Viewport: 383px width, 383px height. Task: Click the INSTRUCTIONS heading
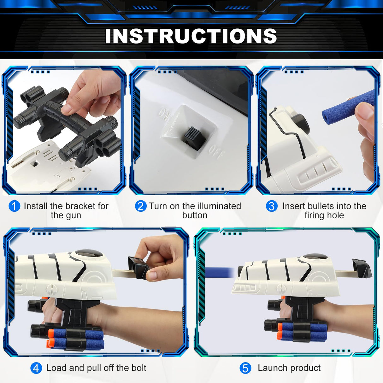191,36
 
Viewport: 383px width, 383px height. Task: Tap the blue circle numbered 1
14,206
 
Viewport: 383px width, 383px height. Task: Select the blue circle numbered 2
141,206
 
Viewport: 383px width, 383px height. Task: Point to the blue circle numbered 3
272,206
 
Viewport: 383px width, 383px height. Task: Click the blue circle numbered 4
36,368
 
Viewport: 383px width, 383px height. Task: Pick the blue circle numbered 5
245,368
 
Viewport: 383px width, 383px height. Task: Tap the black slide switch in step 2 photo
191,136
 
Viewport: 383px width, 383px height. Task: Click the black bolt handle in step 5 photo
362,268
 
